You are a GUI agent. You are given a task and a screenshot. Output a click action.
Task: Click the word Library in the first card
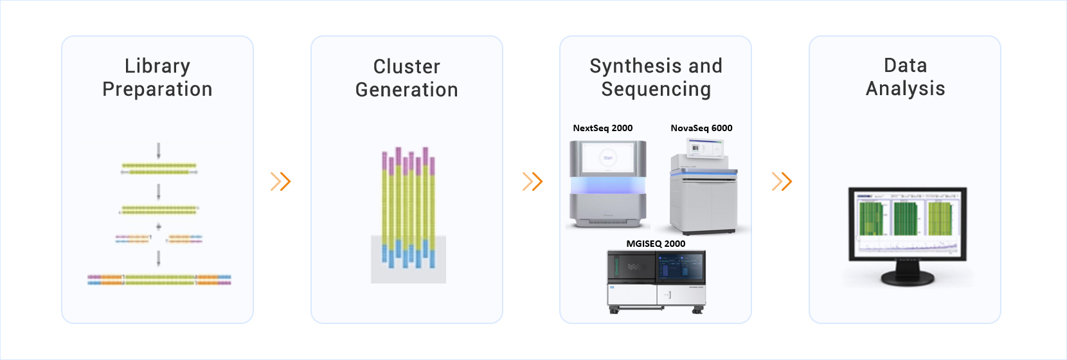pos(157,66)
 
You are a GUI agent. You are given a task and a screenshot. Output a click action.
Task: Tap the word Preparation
pos(157,89)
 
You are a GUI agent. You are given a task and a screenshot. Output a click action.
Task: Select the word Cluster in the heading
pos(407,67)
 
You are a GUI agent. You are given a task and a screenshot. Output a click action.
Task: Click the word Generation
pos(407,90)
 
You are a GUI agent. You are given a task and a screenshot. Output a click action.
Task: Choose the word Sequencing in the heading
pos(656,89)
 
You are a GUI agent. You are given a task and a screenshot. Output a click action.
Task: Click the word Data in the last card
pos(905,66)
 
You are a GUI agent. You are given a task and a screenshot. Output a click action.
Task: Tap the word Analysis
pos(905,89)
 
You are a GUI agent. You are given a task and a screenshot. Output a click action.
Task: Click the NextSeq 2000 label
pos(603,128)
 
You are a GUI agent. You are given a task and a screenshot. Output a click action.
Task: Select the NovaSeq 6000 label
pos(701,128)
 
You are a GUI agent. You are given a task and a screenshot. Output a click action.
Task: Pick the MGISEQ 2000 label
pos(656,244)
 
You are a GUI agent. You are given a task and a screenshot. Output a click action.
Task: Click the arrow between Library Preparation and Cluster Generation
pos(281,181)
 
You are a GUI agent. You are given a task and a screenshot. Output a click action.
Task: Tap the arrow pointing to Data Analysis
pos(782,181)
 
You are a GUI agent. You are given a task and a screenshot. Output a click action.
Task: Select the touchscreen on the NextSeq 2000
pos(607,158)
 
